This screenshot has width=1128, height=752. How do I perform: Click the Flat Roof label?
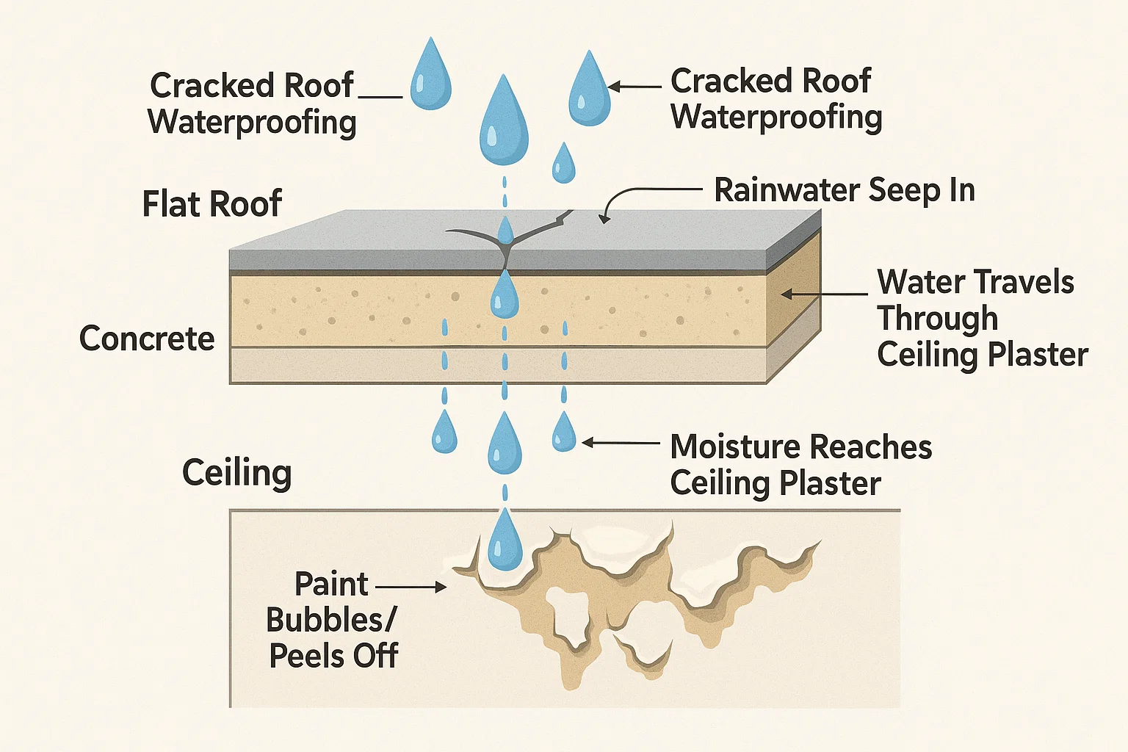211,203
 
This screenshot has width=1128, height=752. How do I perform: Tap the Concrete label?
147,339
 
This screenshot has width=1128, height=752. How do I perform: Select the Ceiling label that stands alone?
236,473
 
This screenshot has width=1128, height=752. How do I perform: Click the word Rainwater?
787,190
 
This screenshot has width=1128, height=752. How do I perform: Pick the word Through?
938,319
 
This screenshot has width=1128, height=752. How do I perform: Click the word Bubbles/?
330,620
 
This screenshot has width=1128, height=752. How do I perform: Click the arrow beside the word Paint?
411,587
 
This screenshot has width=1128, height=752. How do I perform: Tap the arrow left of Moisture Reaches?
621,443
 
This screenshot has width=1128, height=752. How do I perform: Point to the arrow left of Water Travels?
822,294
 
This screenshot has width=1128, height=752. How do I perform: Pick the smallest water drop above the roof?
563,164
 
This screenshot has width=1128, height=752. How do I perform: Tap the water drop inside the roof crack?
505,231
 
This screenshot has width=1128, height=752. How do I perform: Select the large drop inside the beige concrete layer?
505,295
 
